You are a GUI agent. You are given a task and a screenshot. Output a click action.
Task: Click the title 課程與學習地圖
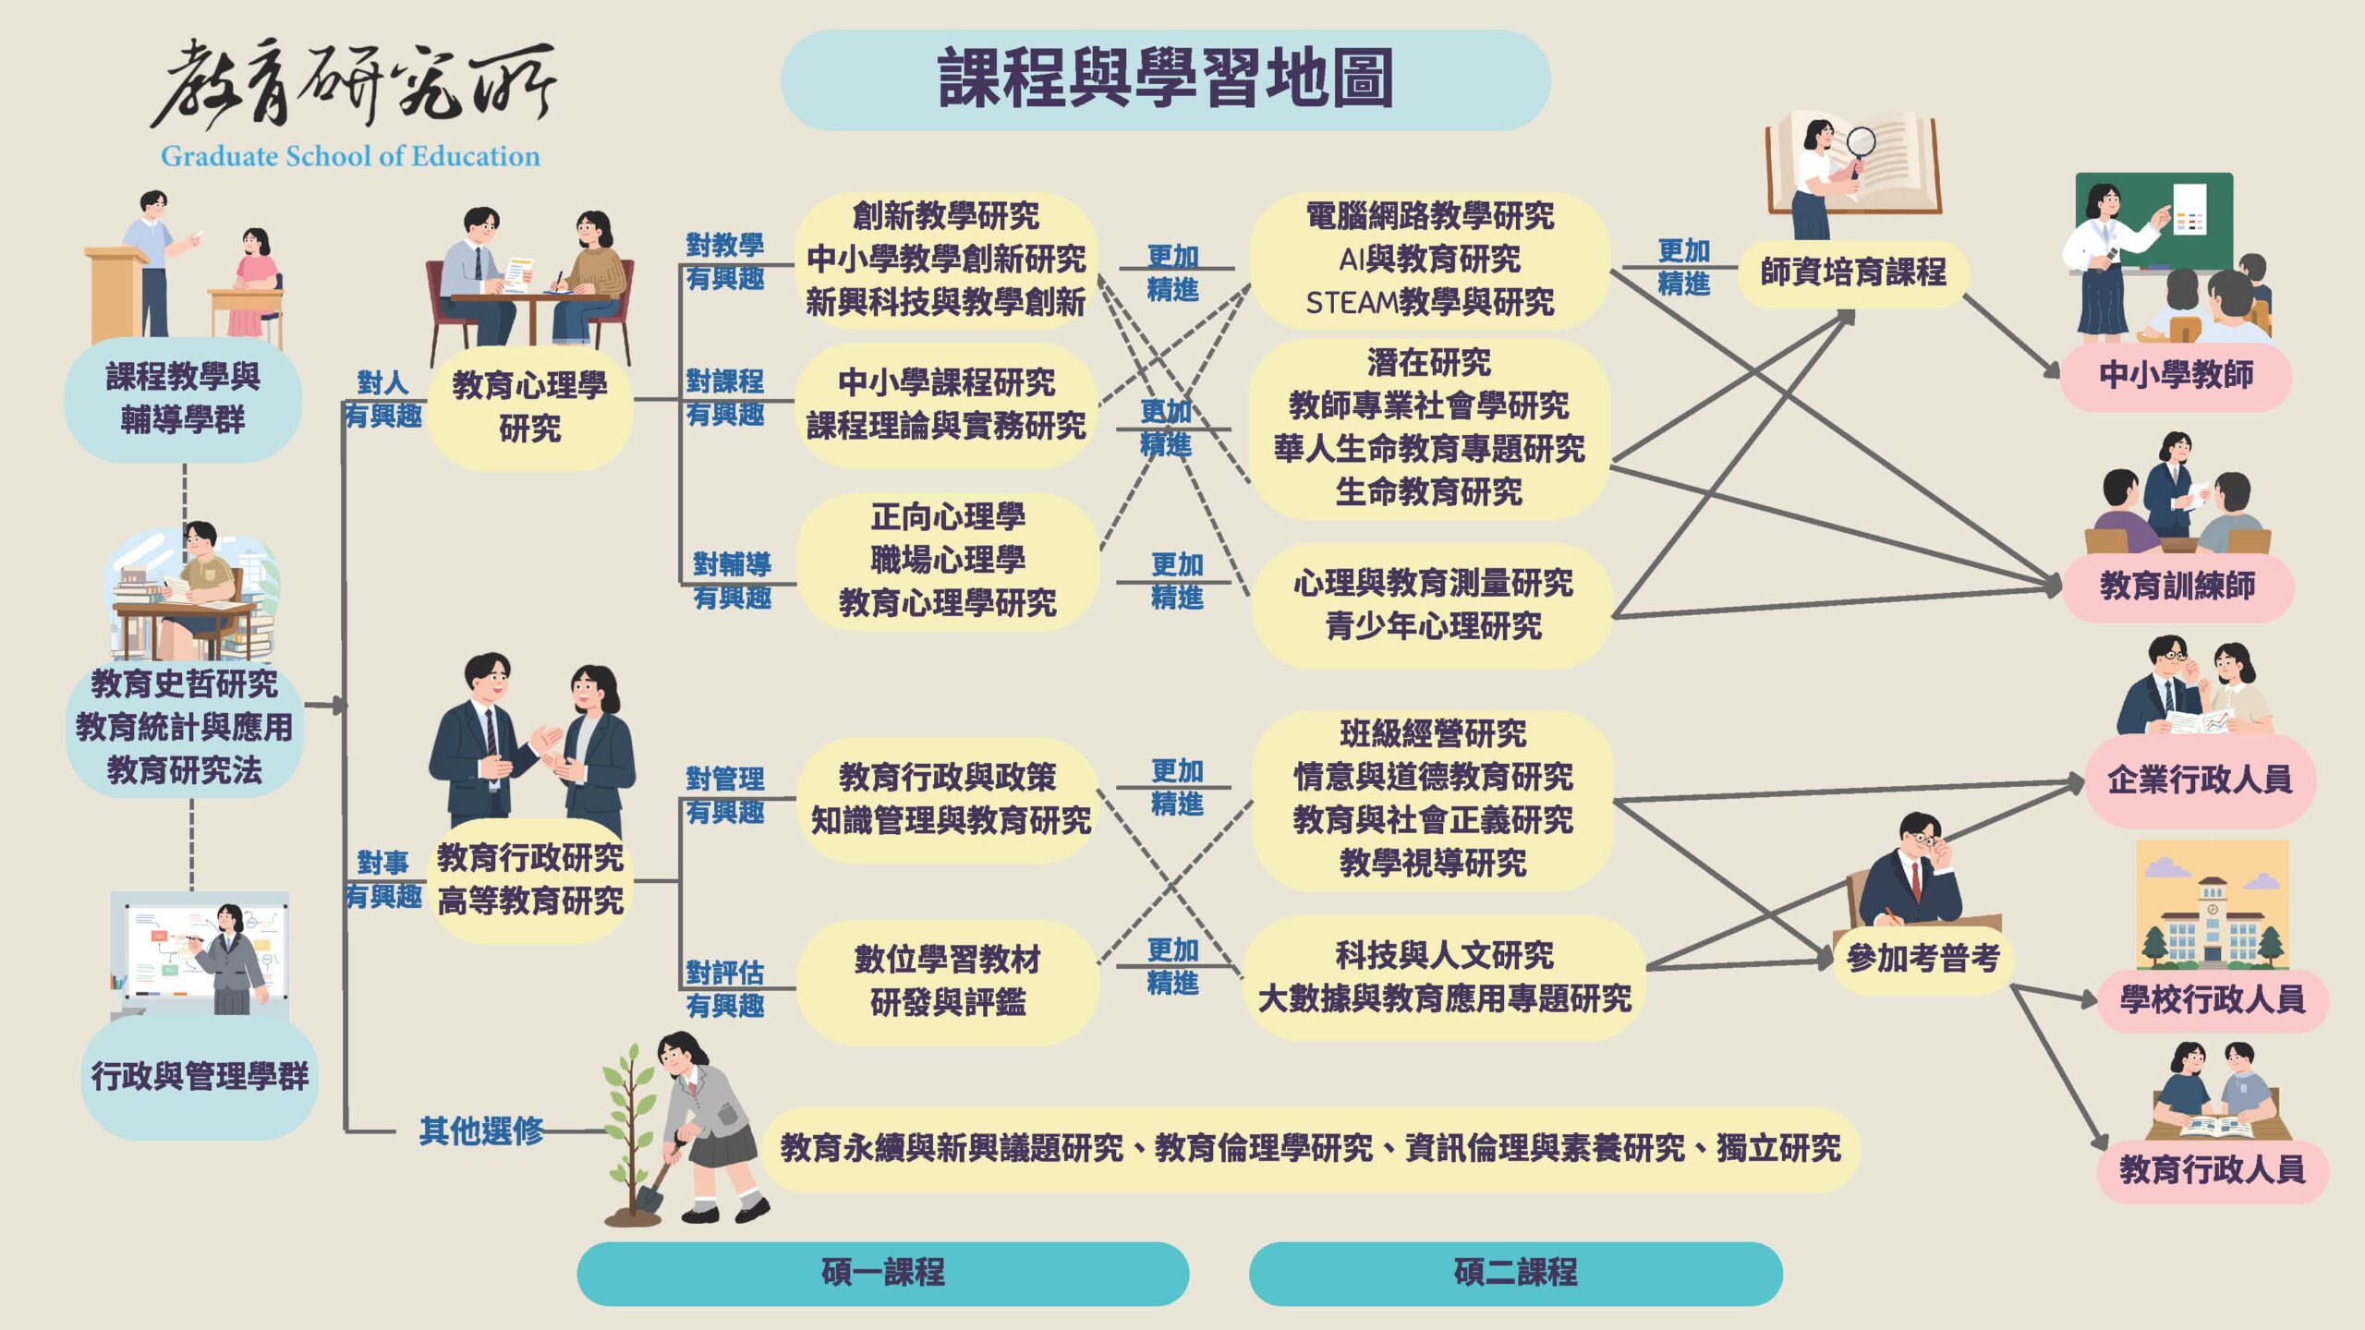click(1166, 79)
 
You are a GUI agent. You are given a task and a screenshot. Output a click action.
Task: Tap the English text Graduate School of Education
click(350, 156)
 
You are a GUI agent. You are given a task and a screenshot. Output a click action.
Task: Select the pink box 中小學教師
click(2176, 376)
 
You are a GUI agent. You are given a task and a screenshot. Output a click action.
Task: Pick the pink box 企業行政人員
click(2200, 780)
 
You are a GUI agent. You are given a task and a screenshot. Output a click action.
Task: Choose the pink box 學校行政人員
click(2212, 999)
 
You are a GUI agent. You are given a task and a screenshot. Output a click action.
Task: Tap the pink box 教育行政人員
click(2212, 1170)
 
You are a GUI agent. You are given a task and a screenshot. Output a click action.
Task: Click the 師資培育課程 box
click(1853, 272)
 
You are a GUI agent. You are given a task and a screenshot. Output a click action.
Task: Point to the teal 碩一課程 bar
click(883, 1273)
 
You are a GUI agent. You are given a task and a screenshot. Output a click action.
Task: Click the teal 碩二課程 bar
click(1516, 1273)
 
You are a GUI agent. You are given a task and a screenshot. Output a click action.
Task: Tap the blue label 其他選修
click(481, 1130)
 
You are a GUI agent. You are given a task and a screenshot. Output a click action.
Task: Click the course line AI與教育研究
click(1430, 260)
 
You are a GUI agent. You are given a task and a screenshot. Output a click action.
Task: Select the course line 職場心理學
click(948, 560)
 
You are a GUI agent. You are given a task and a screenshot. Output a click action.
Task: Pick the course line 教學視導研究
click(1433, 864)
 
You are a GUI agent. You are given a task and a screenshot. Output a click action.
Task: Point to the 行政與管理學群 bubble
click(200, 1077)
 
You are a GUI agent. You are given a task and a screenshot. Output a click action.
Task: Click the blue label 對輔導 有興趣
click(732, 581)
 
